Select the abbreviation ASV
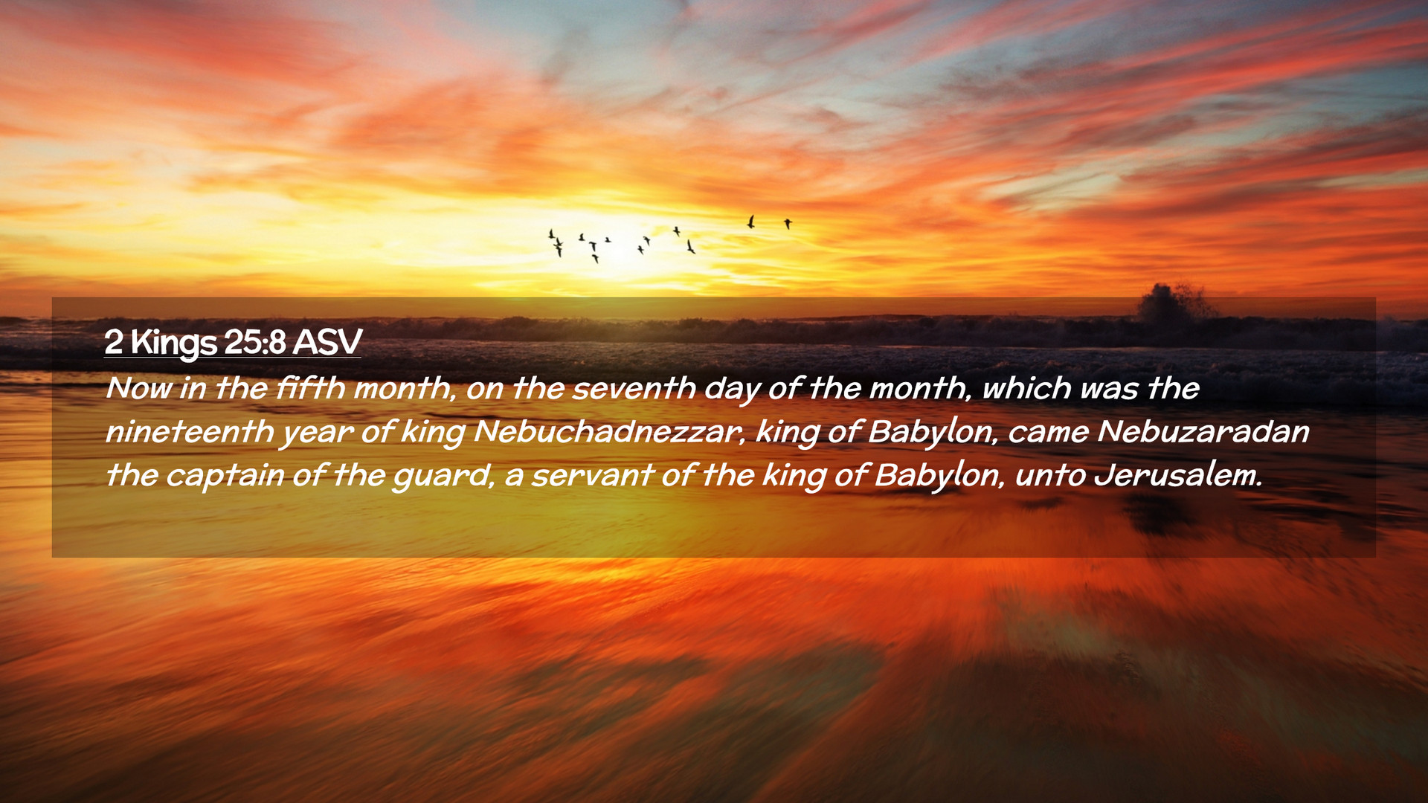pyautogui.click(x=327, y=342)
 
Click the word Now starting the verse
pyautogui.click(x=138, y=388)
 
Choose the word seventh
pyautogui.click(x=634, y=388)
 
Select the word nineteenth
pyautogui.click(x=190, y=431)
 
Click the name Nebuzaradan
pyautogui.click(x=1203, y=431)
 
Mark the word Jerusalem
pyautogui.click(x=1177, y=474)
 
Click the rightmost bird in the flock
pyautogui.click(x=788, y=223)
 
